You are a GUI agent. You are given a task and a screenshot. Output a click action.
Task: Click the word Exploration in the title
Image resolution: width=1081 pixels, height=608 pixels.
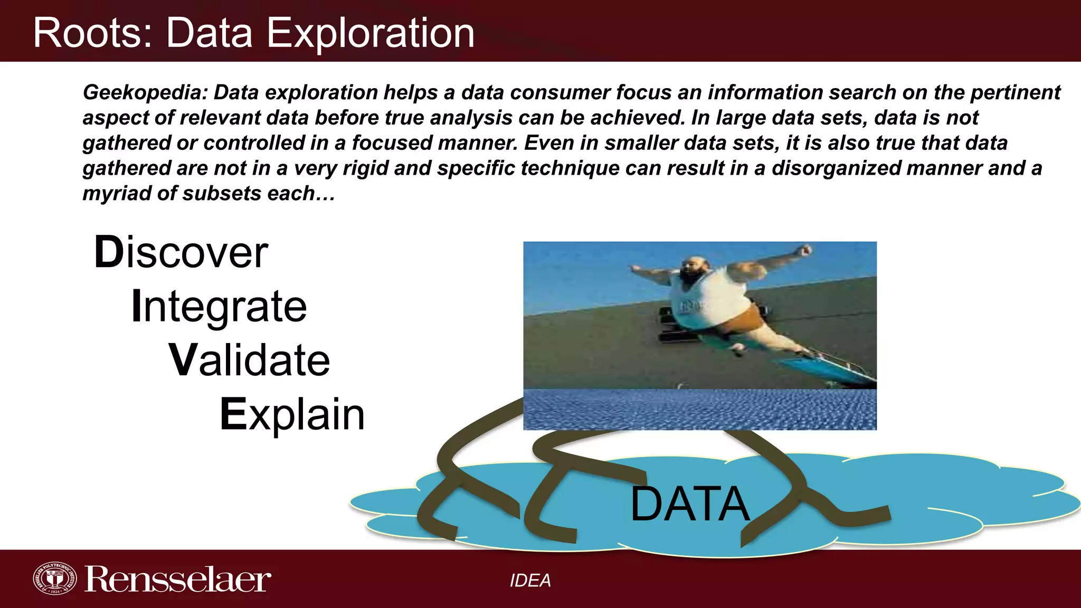[x=370, y=33]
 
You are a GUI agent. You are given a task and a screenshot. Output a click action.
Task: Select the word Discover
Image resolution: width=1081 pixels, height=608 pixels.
[x=181, y=253]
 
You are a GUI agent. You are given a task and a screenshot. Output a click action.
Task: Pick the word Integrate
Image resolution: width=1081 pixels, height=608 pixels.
[x=219, y=307]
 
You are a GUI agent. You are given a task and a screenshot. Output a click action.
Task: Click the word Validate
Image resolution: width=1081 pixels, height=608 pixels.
[x=249, y=360]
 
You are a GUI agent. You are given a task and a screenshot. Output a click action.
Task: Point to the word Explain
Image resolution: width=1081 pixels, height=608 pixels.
[x=292, y=415]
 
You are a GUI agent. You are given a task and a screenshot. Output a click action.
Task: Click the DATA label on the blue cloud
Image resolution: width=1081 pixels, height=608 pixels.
[x=689, y=505]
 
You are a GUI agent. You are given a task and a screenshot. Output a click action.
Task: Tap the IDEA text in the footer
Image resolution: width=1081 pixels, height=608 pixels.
[x=530, y=581]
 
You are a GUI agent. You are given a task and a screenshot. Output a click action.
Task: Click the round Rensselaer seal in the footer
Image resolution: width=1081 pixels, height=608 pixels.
[x=54, y=578]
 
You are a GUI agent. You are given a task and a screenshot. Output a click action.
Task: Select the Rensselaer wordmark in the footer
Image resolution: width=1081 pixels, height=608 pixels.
[x=178, y=579]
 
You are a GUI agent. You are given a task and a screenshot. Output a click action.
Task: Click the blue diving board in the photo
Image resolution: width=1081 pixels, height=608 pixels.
[x=823, y=369]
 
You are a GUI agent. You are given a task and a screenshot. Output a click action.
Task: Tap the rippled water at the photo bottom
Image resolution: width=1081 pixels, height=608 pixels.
[x=699, y=410]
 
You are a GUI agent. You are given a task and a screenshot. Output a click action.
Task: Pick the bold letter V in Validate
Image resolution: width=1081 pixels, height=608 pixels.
[x=183, y=360]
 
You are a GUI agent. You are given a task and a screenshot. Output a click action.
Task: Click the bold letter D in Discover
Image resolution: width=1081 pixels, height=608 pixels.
[x=108, y=253]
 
